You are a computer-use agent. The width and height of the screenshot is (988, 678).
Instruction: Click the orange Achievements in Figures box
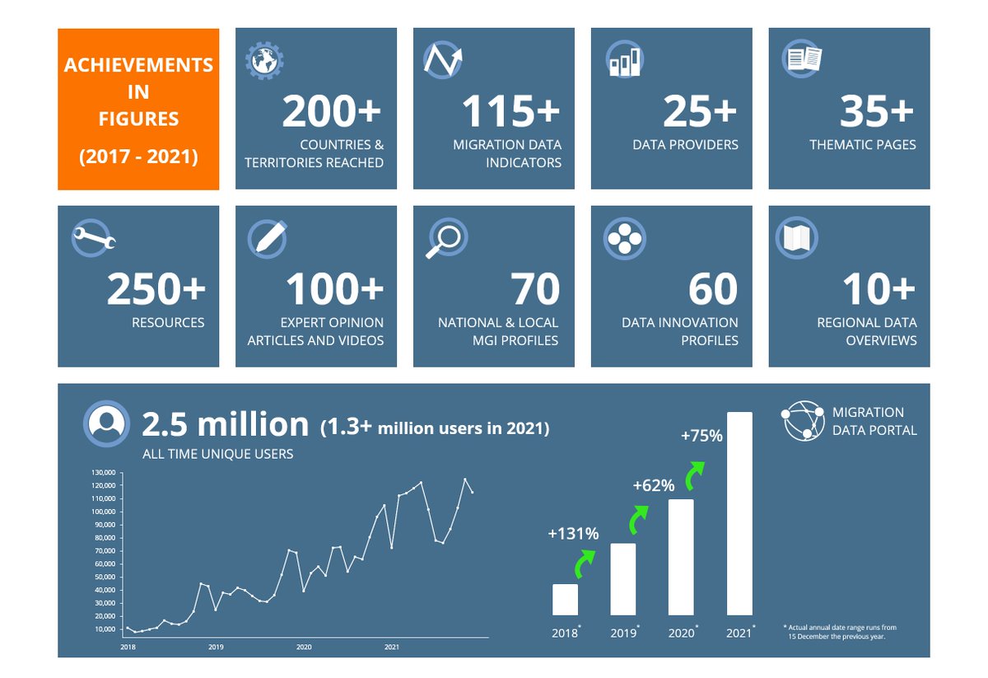click(138, 110)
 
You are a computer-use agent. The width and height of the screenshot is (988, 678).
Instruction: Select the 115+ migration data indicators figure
click(510, 112)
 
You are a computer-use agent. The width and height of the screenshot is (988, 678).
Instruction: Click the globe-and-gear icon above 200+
click(264, 60)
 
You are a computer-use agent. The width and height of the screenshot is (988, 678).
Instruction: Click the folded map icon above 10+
click(796, 238)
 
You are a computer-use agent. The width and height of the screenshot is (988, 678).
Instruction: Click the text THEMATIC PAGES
click(862, 145)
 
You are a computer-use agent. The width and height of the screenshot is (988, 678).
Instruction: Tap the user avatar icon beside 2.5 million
click(105, 423)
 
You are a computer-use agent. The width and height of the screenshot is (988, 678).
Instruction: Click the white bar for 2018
click(565, 599)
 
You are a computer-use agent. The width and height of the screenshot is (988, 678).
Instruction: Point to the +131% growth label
click(573, 534)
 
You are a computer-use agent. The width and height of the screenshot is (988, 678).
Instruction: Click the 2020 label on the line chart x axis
click(304, 648)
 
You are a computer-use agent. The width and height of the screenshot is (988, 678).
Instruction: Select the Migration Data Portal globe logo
click(803, 421)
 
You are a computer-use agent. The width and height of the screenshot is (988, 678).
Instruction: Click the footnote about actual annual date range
click(839, 632)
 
